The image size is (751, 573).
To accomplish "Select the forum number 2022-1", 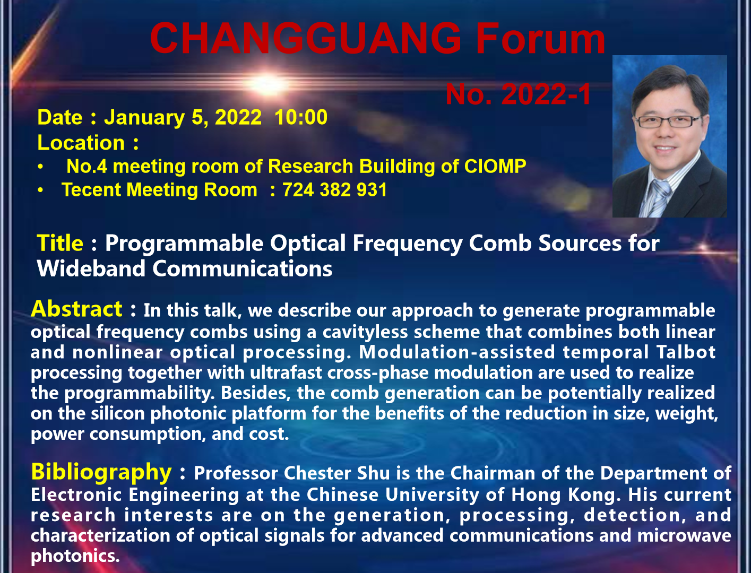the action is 547,94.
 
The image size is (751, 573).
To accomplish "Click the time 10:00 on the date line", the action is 301,117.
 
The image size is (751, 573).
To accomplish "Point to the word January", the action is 145,118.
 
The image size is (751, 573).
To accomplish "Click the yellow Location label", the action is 81,142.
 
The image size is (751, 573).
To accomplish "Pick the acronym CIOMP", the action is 495,167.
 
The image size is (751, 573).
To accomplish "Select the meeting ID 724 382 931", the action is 334,190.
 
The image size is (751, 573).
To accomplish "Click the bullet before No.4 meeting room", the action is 40,167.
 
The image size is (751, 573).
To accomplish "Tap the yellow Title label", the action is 60,243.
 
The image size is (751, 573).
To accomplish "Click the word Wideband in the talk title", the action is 91,268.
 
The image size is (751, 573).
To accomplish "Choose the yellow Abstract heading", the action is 76,309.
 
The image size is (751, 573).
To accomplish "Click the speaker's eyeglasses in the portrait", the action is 668,121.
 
